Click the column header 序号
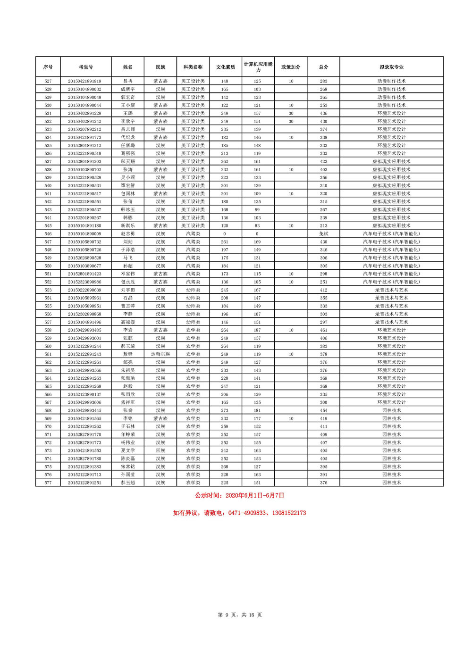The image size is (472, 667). (48, 67)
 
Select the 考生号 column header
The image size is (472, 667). (85, 67)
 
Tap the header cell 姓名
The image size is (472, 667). (128, 67)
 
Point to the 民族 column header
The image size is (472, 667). (160, 67)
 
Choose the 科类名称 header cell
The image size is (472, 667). (193, 67)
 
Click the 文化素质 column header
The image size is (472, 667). (225, 67)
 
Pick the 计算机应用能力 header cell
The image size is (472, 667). (258, 67)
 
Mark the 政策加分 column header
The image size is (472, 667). (291, 67)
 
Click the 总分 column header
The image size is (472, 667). (323, 67)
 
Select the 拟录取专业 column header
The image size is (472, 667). (391, 67)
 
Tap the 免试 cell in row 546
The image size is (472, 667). (323, 234)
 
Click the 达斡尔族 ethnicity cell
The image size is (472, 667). (160, 354)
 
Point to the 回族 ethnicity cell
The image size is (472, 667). (160, 450)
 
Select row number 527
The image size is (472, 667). (48, 81)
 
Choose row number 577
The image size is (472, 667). (48, 483)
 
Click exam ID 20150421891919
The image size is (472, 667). (84, 81)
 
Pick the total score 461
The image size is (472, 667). (323, 330)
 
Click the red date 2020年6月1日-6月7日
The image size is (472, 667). (255, 495)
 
